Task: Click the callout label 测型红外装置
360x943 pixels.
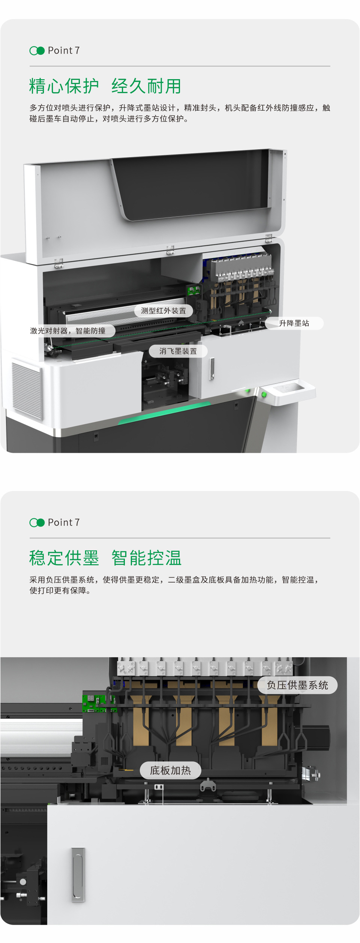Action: pyautogui.click(x=163, y=311)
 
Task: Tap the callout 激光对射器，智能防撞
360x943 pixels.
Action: pyautogui.click(x=68, y=330)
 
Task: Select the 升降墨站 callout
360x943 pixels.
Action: pyautogui.click(x=294, y=323)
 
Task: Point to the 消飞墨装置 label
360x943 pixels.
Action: pyautogui.click(x=178, y=351)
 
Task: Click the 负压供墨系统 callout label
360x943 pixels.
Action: pyautogui.click(x=297, y=685)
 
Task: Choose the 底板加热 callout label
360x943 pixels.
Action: pyautogui.click(x=171, y=770)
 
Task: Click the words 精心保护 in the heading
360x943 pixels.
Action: pyautogui.click(x=64, y=86)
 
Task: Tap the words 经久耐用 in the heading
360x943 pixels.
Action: pyautogui.click(x=147, y=86)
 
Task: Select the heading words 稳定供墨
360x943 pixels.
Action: pyautogui.click(x=64, y=558)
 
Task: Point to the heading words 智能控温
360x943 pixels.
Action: pyautogui.click(x=147, y=558)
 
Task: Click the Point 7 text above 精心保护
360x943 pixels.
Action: pyautogui.click(x=64, y=50)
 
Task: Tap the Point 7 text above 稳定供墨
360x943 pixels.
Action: pyautogui.click(x=64, y=522)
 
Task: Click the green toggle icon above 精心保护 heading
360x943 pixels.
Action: pyautogui.click(x=37, y=51)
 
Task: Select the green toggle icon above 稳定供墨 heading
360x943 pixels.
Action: pyautogui.click(x=37, y=523)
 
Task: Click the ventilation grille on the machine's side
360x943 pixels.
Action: pyautogui.click(x=27, y=390)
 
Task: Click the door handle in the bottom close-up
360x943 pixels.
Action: pyautogui.click(x=78, y=874)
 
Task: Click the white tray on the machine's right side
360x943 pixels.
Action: pyautogui.click(x=289, y=392)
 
